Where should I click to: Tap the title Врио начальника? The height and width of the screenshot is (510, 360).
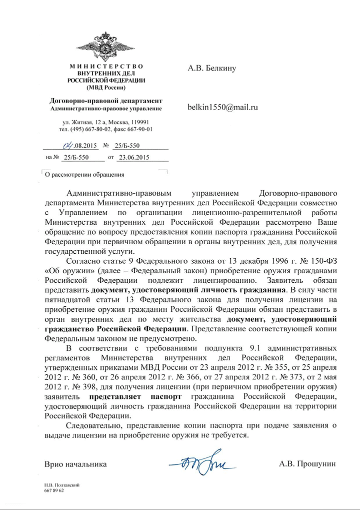(x=75, y=464)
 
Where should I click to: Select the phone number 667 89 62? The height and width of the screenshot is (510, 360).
(x=54, y=491)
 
